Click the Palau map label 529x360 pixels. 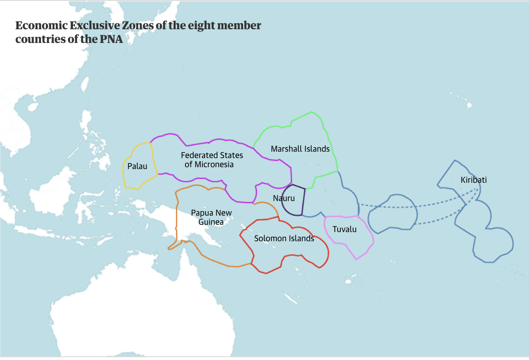click(x=137, y=166)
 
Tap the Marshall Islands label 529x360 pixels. click(x=300, y=149)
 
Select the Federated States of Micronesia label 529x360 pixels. click(x=212, y=160)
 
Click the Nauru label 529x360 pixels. click(x=284, y=198)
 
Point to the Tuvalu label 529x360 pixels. click(x=344, y=229)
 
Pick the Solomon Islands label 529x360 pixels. click(x=284, y=238)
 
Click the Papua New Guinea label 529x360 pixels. click(x=211, y=217)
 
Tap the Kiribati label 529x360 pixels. click(x=474, y=180)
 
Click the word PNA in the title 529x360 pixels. click(x=111, y=39)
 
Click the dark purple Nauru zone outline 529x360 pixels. click(x=303, y=201)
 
